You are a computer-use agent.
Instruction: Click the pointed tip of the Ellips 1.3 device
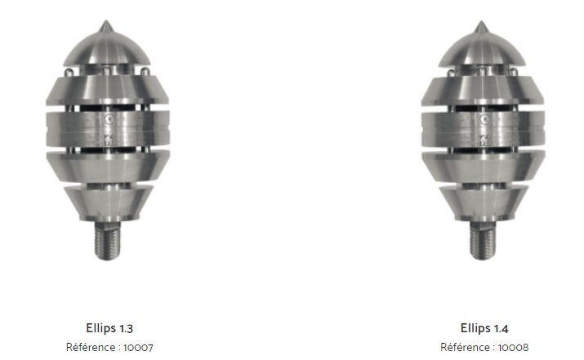pos(106,21)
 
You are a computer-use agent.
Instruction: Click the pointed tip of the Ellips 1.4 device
pos(481,21)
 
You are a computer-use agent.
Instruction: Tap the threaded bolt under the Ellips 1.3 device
pos(108,241)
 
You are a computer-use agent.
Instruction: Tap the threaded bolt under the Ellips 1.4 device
pos(483,241)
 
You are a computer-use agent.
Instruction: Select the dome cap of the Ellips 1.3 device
pos(107,48)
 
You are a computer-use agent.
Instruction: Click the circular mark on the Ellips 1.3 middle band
pos(109,119)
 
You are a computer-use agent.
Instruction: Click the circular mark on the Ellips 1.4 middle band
pos(484,119)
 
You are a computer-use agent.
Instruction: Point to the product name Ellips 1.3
pos(109,328)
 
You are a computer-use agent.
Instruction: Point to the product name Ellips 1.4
pos(484,328)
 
